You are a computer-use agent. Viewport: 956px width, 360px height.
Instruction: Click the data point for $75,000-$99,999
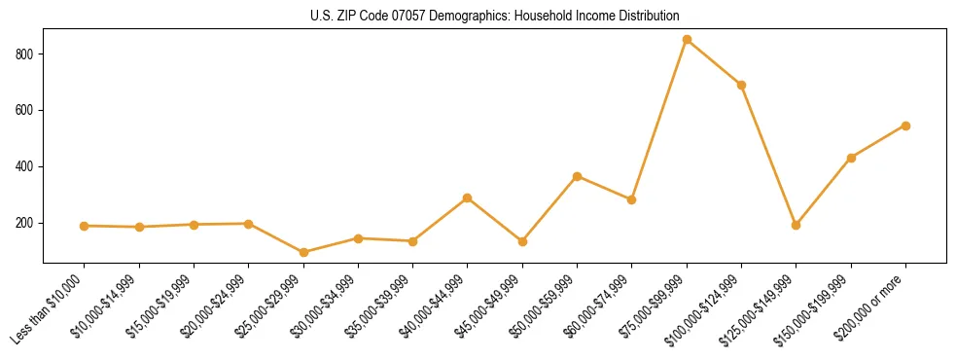point(687,40)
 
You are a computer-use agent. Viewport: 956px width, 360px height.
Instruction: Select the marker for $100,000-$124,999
point(741,85)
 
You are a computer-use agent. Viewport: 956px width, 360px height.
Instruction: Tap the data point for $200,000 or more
point(905,126)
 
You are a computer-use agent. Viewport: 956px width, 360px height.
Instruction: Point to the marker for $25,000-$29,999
point(303,252)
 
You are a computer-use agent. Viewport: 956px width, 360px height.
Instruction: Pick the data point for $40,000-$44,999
point(468,198)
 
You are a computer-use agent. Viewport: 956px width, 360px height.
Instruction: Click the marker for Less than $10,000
point(85,226)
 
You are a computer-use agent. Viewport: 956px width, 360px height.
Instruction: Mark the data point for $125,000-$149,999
point(796,225)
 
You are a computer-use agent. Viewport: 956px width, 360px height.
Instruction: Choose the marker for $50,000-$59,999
point(577,176)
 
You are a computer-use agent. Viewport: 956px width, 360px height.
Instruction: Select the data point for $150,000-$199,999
point(851,158)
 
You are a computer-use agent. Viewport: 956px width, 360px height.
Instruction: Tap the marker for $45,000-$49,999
point(522,241)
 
